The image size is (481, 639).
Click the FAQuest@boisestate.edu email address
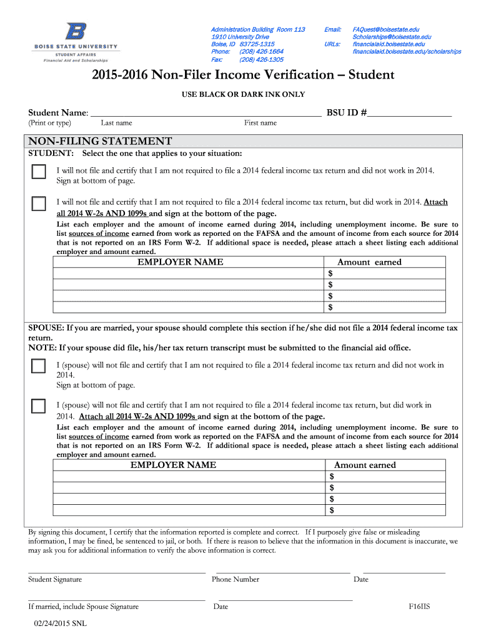tap(385, 29)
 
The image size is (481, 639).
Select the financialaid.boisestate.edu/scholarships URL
tap(407, 52)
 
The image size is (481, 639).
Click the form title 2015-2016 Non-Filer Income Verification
tap(243, 76)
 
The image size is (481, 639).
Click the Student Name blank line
tap(206, 112)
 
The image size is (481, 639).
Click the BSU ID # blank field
tap(409, 112)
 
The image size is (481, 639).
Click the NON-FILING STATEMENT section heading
tap(100, 141)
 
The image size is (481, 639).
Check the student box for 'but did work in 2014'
tap(39, 203)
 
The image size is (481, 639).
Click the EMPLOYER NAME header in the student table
tap(180, 262)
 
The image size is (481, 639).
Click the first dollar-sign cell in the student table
tap(385, 273)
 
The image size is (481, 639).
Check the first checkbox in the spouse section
tap(39, 366)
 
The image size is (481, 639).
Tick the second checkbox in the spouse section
tap(39, 406)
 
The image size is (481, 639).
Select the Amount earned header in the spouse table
tap(365, 465)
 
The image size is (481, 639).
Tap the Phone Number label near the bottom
tap(235, 580)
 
